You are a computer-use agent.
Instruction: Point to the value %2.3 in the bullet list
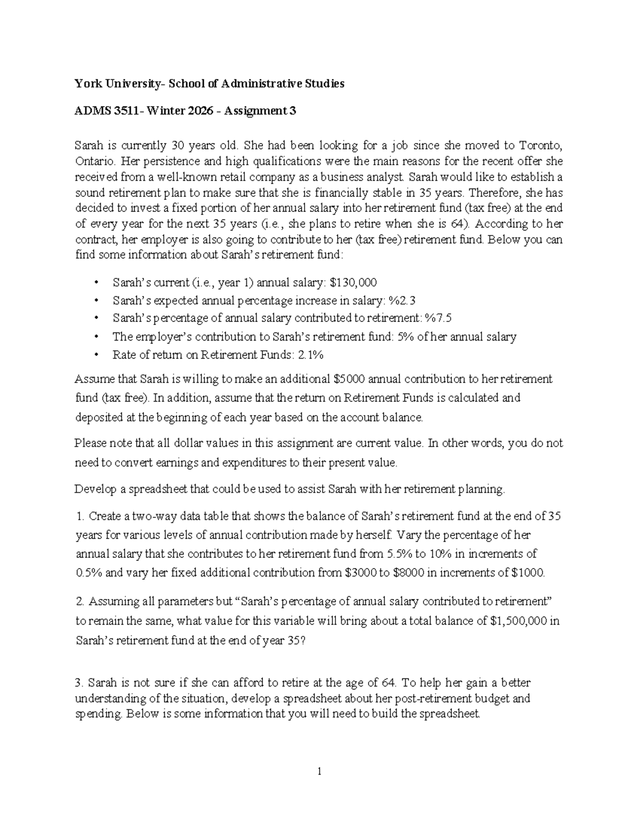click(398, 301)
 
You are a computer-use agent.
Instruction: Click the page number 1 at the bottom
click(319, 771)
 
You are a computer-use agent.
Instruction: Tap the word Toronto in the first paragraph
click(540, 145)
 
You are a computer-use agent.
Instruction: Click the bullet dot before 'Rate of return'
click(96, 355)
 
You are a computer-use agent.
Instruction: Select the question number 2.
click(80, 602)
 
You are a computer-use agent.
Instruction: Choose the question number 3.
click(80, 683)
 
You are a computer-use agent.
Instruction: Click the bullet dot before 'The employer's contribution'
click(96, 337)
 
